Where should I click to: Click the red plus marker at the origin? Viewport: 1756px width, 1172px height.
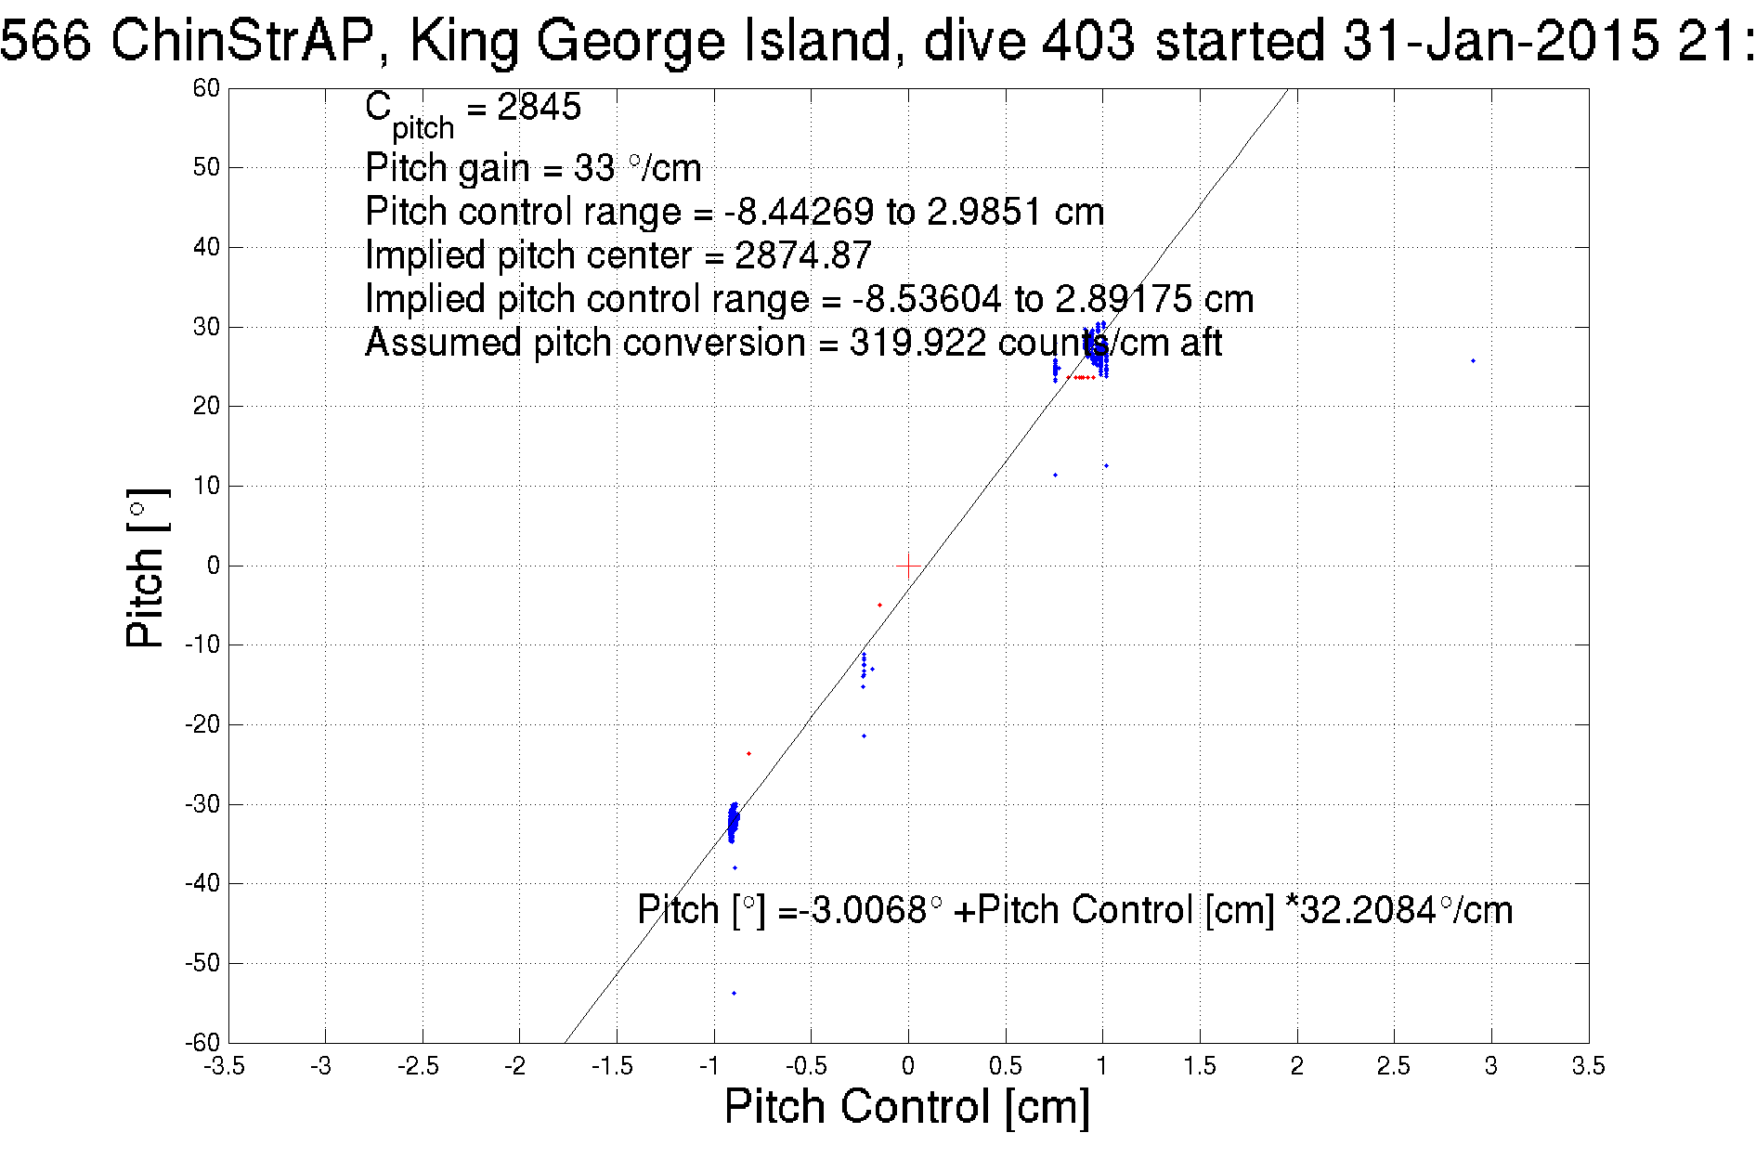click(x=908, y=565)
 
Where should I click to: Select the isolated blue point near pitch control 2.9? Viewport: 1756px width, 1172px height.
click(x=1473, y=360)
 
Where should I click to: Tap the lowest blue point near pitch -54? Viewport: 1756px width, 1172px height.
click(x=734, y=993)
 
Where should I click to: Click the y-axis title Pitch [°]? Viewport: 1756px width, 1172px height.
click(x=147, y=567)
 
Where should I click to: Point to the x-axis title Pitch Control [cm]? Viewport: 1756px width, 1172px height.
click(x=906, y=1107)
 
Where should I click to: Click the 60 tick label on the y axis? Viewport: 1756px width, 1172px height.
click(x=206, y=88)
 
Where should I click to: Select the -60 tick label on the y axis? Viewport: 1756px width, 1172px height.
click(x=202, y=1042)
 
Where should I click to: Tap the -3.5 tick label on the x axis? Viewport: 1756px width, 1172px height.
click(x=224, y=1066)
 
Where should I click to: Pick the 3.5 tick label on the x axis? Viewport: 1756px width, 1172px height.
click(x=1588, y=1066)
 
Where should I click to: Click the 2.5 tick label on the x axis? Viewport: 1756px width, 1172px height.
click(x=1393, y=1066)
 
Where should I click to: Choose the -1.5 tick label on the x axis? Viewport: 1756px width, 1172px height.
click(x=613, y=1066)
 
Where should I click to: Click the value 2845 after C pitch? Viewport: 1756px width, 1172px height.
click(x=539, y=107)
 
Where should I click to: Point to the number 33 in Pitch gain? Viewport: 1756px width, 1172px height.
click(x=594, y=168)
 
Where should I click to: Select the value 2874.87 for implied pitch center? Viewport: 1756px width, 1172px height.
click(x=803, y=255)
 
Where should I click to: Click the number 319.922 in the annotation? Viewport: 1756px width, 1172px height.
click(x=917, y=343)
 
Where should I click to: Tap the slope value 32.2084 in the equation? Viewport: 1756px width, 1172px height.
click(x=1368, y=910)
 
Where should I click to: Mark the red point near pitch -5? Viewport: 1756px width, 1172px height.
click(x=879, y=606)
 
